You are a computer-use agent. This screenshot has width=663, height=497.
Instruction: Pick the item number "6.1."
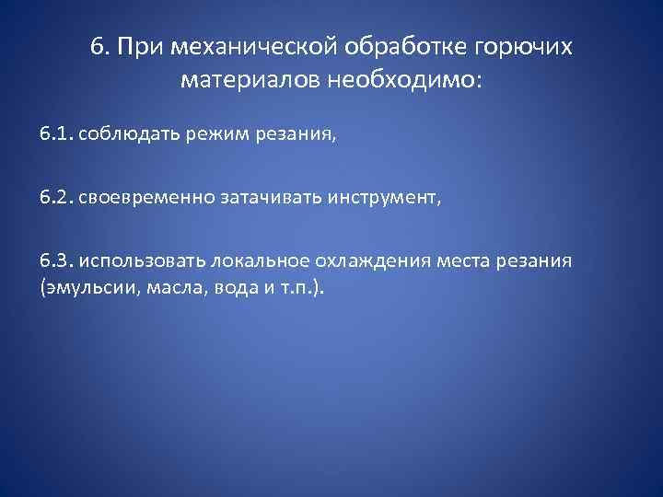pos(57,135)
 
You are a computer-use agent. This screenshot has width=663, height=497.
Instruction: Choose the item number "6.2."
pos(57,198)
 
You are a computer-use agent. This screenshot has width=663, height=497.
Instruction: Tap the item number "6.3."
pos(57,260)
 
